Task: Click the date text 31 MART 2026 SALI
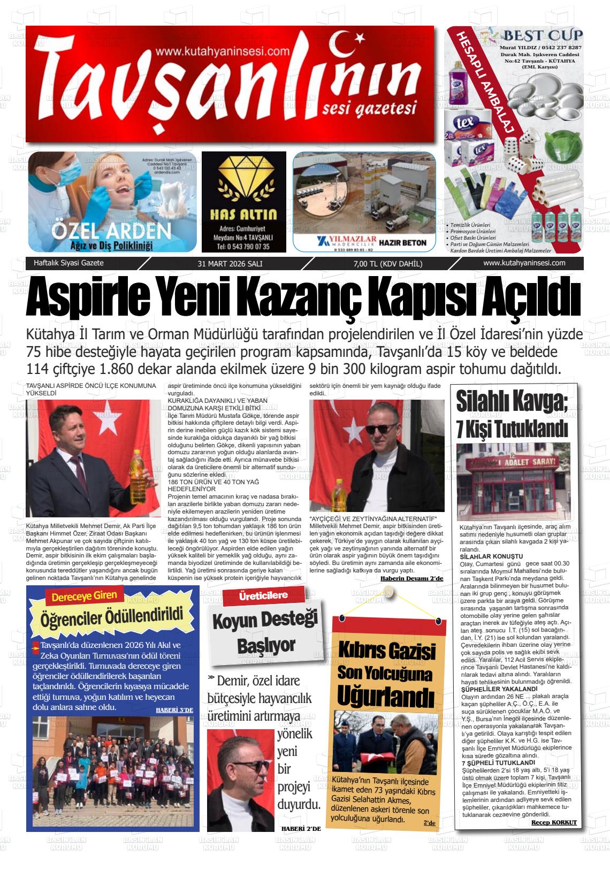coord(230,264)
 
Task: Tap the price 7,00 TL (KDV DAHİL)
coord(388,264)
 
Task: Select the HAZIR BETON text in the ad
coord(402,242)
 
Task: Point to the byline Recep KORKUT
coord(554,822)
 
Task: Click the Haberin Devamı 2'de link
coord(412,579)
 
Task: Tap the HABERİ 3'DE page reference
coord(174,710)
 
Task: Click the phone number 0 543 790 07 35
coord(243,247)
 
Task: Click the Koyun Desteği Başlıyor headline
coord(265,632)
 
